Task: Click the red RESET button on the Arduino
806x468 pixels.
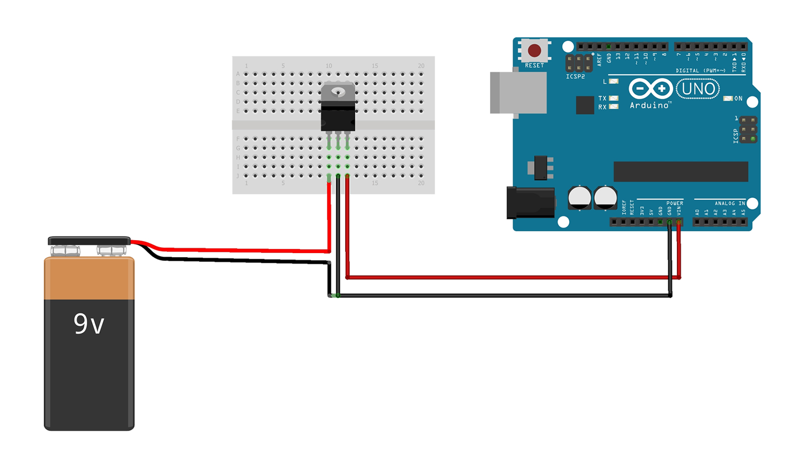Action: tap(534, 50)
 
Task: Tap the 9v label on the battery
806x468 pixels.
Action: tap(89, 324)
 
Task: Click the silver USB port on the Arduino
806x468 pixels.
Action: tap(518, 92)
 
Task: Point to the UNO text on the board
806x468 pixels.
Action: tap(698, 89)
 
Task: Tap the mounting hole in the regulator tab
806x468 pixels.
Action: tap(338, 92)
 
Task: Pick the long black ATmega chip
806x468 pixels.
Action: tap(681, 171)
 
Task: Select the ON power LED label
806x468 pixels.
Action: tap(738, 98)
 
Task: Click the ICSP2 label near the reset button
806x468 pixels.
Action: tap(575, 77)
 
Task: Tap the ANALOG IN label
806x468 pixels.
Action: tap(729, 203)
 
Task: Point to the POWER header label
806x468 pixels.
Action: tap(675, 203)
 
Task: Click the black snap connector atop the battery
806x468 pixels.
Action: tap(89, 241)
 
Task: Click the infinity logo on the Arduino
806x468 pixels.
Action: tap(650, 89)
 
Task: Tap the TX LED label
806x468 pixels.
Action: tap(602, 98)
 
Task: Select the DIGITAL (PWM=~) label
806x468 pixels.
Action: tap(701, 71)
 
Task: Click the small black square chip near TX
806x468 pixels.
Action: tap(585, 105)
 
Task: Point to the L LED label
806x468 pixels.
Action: tap(605, 82)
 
